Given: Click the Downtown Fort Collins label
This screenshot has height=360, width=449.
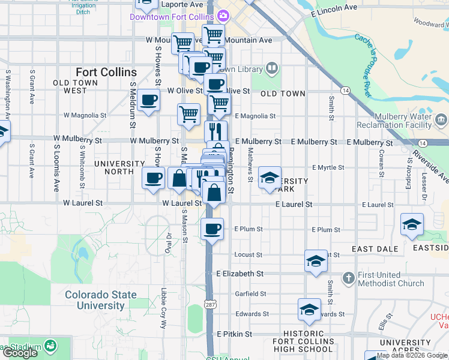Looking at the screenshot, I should pos(173,16).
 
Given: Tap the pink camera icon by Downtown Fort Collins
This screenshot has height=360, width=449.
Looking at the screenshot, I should pos(223,16).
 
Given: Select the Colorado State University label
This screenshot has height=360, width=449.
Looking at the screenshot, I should pos(101,300).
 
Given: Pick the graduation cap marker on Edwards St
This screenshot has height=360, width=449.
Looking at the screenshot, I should pos(309,310).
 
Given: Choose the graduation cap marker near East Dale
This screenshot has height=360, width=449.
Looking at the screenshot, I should pos(412,225).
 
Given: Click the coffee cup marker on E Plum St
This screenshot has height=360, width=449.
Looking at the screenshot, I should pos(211,229).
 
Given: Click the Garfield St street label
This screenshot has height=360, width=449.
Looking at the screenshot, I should pos(251,294).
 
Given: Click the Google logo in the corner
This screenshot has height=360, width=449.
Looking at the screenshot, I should pos(20,353).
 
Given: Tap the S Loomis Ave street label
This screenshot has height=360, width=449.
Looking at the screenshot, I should pos(56,159).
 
